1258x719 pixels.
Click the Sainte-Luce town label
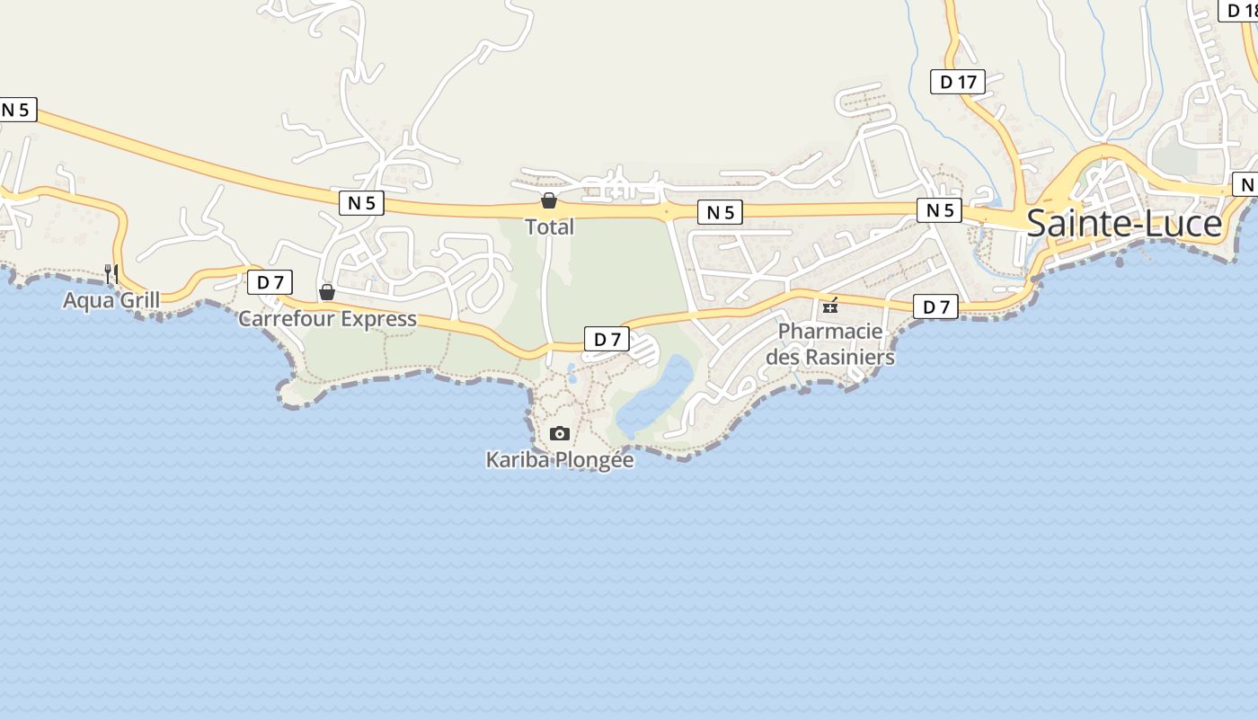[1124, 224]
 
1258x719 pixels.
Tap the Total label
[549, 226]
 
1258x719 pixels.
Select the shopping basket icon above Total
[549, 200]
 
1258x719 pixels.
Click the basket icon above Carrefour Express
[327, 292]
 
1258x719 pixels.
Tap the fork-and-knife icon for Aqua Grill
[111, 273]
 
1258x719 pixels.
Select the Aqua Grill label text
[111, 300]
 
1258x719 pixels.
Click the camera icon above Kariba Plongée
[560, 434]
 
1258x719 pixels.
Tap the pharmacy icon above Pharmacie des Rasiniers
[830, 306]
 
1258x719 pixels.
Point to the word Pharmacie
[830, 332]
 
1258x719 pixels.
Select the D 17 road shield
[958, 83]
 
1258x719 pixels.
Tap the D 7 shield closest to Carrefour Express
[270, 282]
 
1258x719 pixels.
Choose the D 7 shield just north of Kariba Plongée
[607, 339]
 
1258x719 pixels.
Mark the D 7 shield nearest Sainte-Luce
[936, 306]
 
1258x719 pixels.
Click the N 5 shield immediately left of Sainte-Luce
[939, 210]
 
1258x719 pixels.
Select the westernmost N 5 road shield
[16, 110]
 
